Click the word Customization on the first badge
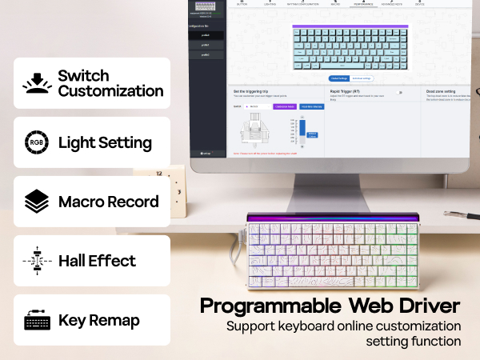pos(110,91)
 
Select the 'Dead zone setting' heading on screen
pos(438,92)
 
